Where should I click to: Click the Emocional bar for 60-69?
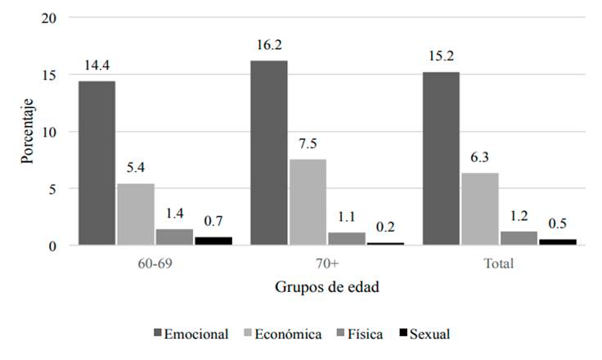[x=97, y=163]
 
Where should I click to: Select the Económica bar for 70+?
[x=308, y=202]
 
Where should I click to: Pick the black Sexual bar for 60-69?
[x=213, y=241]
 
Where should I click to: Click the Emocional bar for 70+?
[x=268, y=153]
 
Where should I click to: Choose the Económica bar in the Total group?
[x=479, y=209]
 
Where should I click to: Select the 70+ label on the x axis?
[x=326, y=264]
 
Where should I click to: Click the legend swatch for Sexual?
[x=402, y=334]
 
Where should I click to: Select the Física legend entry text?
[x=364, y=334]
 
